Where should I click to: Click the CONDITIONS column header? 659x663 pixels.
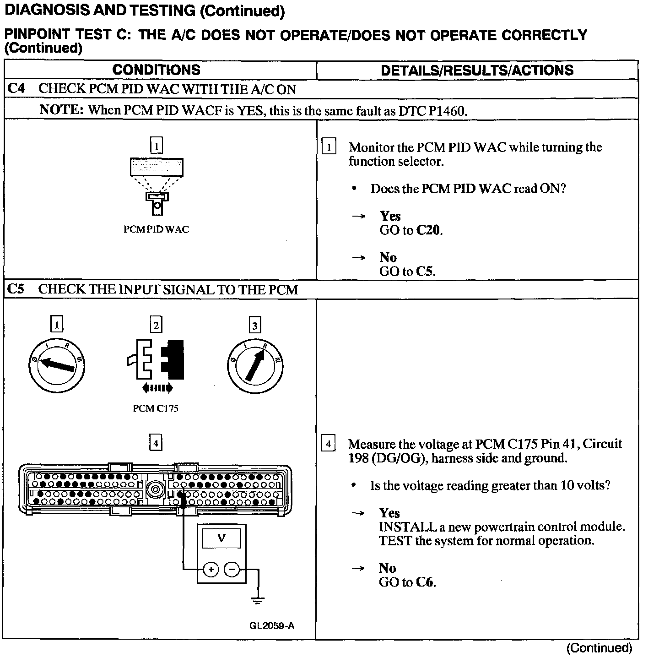pyautogui.click(x=156, y=70)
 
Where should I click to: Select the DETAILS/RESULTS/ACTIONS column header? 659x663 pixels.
pyautogui.click(x=477, y=70)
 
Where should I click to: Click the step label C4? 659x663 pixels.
pyautogui.click(x=16, y=88)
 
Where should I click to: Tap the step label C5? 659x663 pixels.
pyautogui.click(x=16, y=289)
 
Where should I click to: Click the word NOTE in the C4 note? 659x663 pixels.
pyautogui.click(x=61, y=110)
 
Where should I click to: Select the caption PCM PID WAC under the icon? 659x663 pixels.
pyautogui.click(x=156, y=229)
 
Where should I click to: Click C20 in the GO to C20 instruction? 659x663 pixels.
pyautogui.click(x=429, y=230)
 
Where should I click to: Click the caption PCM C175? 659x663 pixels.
pyautogui.click(x=156, y=408)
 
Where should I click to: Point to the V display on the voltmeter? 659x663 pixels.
pyautogui.click(x=221, y=538)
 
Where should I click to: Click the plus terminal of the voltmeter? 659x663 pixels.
pyautogui.click(x=211, y=570)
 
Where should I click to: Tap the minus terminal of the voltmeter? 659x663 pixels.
pyautogui.click(x=232, y=570)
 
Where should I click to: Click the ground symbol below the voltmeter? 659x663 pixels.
pyautogui.click(x=258, y=600)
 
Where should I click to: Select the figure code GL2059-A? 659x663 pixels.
pyautogui.click(x=272, y=625)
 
